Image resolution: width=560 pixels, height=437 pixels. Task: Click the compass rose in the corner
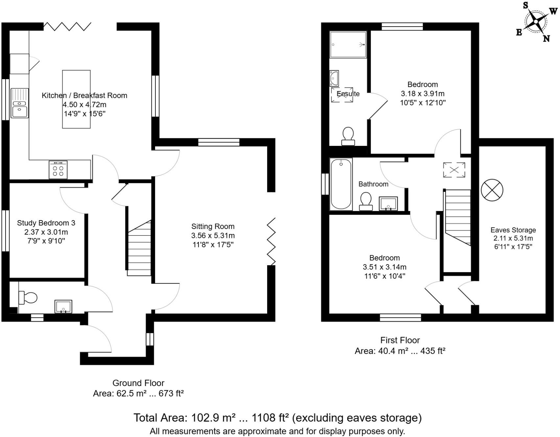(536, 22)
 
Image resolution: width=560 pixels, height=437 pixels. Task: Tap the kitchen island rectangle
(76, 99)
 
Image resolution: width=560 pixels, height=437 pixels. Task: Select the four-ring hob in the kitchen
(58, 170)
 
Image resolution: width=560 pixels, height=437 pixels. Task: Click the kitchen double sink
(20, 103)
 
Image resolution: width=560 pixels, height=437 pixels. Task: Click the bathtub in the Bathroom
(341, 184)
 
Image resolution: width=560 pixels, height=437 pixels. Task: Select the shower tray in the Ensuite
(348, 45)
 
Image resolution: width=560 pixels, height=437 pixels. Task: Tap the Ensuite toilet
(348, 136)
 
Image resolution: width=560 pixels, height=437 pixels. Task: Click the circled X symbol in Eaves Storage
(492, 190)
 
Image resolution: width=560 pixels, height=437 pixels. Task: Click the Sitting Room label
(213, 226)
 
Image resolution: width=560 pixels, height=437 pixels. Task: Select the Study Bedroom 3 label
(46, 223)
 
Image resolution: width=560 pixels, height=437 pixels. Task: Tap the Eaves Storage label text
(513, 230)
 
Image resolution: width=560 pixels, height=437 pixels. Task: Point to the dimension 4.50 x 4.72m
(84, 105)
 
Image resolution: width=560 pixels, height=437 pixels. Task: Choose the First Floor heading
(400, 340)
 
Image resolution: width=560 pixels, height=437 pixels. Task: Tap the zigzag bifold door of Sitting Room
(271, 241)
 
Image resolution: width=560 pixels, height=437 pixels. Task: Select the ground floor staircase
(139, 248)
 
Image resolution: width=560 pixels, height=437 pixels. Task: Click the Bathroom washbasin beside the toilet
(388, 203)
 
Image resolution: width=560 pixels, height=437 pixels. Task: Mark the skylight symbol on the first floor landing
(454, 170)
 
